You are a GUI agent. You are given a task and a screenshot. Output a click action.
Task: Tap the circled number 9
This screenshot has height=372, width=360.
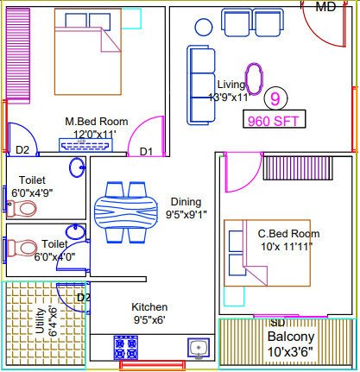[x=275, y=99]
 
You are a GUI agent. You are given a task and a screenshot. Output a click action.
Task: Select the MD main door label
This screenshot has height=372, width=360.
[x=325, y=7]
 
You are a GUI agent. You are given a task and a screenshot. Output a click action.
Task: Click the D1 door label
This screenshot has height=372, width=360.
[x=146, y=152]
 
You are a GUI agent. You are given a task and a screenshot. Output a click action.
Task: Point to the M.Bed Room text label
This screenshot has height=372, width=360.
[x=97, y=122]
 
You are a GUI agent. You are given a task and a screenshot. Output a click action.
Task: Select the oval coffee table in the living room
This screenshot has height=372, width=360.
[x=254, y=79]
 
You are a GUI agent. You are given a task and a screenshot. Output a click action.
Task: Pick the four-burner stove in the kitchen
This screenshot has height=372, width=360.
[x=125, y=348]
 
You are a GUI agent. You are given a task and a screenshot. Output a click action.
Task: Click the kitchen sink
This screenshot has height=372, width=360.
[x=198, y=347]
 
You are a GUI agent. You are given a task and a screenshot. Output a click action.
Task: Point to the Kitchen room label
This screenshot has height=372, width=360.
[x=149, y=307]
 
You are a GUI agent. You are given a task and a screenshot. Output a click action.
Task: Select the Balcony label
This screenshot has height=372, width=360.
[x=291, y=336]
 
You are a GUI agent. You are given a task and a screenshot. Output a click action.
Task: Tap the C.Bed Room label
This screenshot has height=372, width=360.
[x=288, y=233]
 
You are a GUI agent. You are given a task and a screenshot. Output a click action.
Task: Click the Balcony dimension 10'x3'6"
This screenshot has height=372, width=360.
[x=291, y=352]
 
